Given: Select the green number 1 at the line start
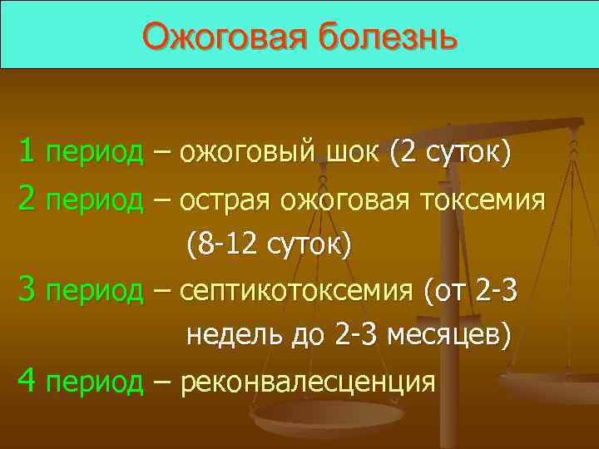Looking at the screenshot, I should [x=27, y=152].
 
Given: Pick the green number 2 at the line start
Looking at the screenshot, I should [x=27, y=199].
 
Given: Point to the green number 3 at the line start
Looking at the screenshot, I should [x=27, y=291].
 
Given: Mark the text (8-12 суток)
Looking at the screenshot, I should [x=269, y=245].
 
